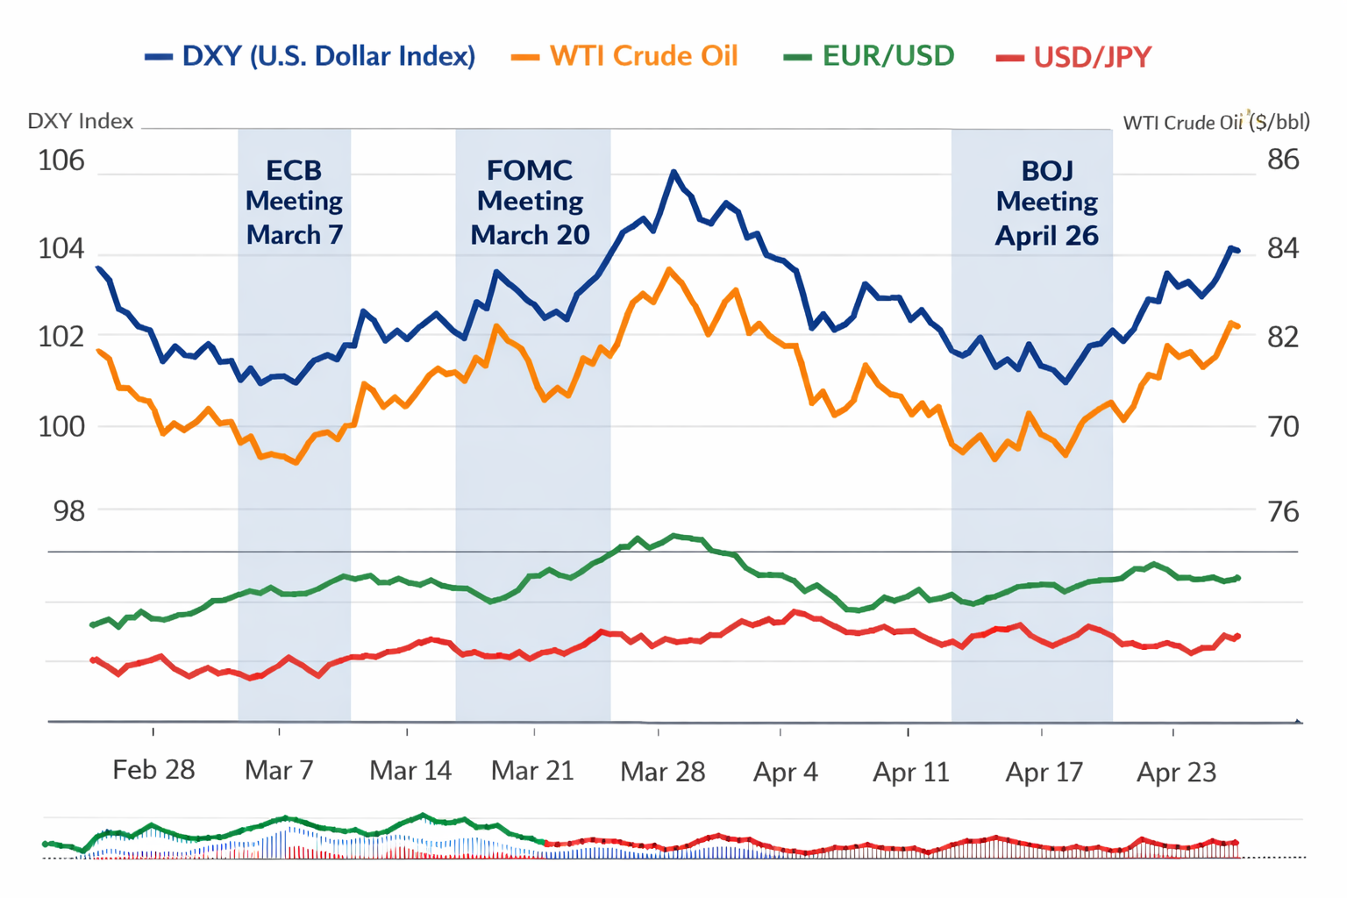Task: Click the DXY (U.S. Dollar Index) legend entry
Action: tap(310, 56)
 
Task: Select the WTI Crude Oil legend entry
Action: tap(625, 56)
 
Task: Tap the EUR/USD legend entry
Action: tap(869, 56)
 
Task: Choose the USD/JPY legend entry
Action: tap(1074, 57)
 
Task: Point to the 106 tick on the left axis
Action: tap(61, 160)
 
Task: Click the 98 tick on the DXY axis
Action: tap(69, 510)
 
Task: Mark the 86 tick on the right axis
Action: tap(1283, 160)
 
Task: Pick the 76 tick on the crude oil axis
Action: tap(1284, 511)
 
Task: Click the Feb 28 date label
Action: tap(153, 770)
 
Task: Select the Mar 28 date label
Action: tap(662, 772)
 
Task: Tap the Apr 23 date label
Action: tap(1176, 773)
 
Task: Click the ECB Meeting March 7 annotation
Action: tap(295, 203)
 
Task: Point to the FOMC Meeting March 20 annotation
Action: tap(530, 203)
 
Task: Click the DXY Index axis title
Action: tap(81, 121)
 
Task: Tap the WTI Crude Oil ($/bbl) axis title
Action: tap(1216, 122)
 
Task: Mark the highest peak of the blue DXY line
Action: tap(673, 172)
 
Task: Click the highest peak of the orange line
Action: tap(669, 269)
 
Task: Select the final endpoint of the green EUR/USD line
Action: tap(1237, 578)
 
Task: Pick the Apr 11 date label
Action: tap(911, 773)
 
